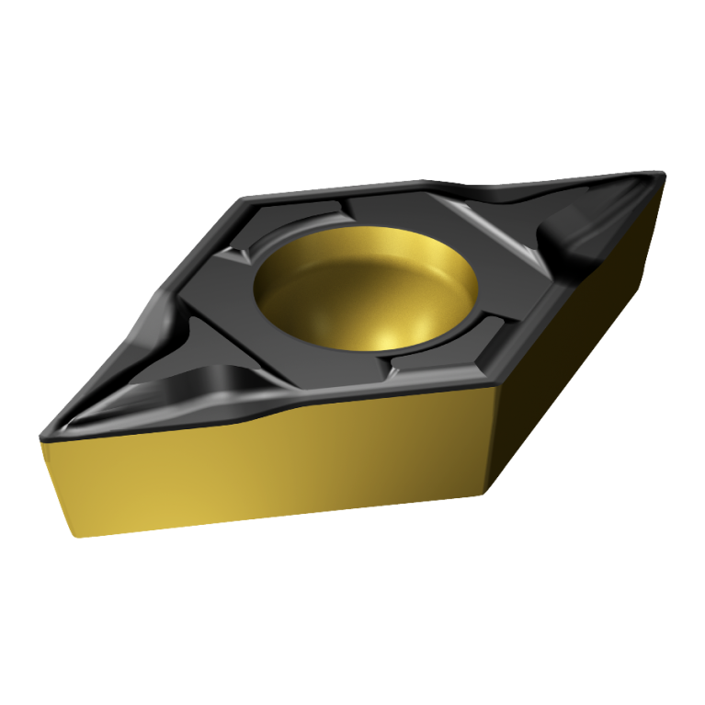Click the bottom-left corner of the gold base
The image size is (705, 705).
coord(74,533)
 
